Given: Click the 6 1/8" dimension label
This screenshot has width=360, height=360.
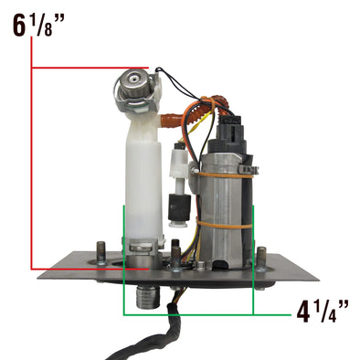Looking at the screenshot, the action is pos(38,26).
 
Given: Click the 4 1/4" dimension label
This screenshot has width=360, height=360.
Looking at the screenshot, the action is pos(323,312).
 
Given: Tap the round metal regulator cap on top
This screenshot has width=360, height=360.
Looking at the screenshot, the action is pos(133,81).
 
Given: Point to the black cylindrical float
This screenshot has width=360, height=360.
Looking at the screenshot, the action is pos(179,208).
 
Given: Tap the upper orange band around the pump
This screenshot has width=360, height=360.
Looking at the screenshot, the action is pos(226,175).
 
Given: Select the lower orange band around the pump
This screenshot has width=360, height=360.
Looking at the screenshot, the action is pos(225,225).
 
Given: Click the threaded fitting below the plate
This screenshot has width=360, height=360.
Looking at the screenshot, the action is pos(148,297).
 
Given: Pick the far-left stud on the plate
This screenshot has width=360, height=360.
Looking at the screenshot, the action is pos(101,252).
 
